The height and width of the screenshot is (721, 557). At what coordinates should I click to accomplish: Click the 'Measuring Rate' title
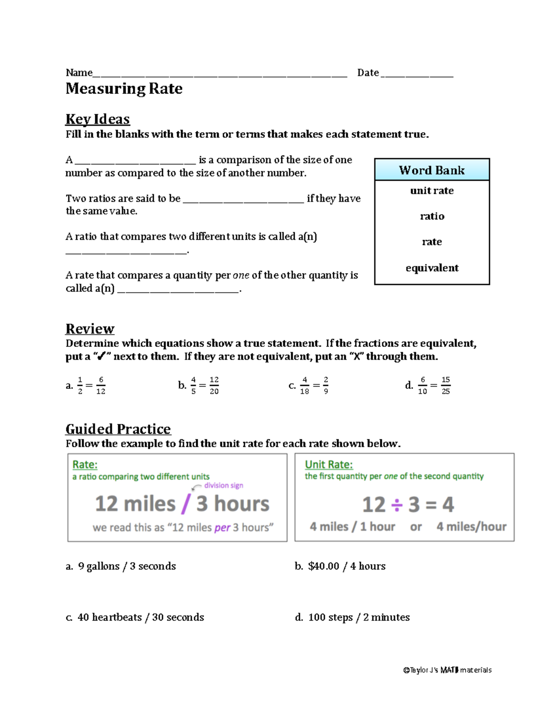coord(124,89)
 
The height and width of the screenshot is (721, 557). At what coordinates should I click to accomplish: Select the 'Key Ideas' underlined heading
coord(97,119)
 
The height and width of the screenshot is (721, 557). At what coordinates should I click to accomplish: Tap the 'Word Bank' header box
coord(432,170)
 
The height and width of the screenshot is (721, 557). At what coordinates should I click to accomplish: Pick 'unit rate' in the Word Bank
coord(432,191)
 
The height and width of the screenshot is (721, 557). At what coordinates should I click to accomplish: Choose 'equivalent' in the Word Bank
coord(432,268)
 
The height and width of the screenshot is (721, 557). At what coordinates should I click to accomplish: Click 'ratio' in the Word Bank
coord(432,216)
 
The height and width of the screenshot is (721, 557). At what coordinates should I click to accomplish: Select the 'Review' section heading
coord(90,329)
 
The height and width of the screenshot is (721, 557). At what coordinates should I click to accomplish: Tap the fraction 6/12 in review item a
coord(101,385)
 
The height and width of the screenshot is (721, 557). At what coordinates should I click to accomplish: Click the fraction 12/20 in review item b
coord(214,385)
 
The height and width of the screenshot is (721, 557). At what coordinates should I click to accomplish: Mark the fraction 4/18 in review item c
coord(304,385)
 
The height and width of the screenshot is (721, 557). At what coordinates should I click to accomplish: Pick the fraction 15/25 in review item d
coord(446,385)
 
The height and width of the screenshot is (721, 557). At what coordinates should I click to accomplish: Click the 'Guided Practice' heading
coord(118,429)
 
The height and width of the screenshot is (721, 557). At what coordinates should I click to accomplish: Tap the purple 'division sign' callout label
coord(223,485)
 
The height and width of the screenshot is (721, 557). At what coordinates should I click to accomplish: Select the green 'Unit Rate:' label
coord(329,464)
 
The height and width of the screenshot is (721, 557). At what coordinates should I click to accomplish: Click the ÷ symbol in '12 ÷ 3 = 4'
coord(396,505)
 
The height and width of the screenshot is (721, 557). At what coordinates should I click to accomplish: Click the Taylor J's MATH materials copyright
coord(447,670)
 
